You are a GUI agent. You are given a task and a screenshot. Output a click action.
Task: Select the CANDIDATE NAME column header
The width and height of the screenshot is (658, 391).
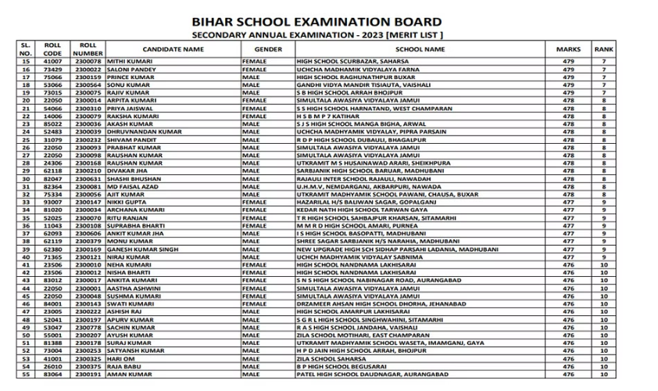click(x=173, y=48)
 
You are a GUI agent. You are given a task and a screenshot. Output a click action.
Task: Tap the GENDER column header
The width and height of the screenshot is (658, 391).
click(x=268, y=48)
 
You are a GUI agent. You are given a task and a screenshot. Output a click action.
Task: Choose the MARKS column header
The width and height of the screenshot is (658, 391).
click(x=568, y=48)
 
